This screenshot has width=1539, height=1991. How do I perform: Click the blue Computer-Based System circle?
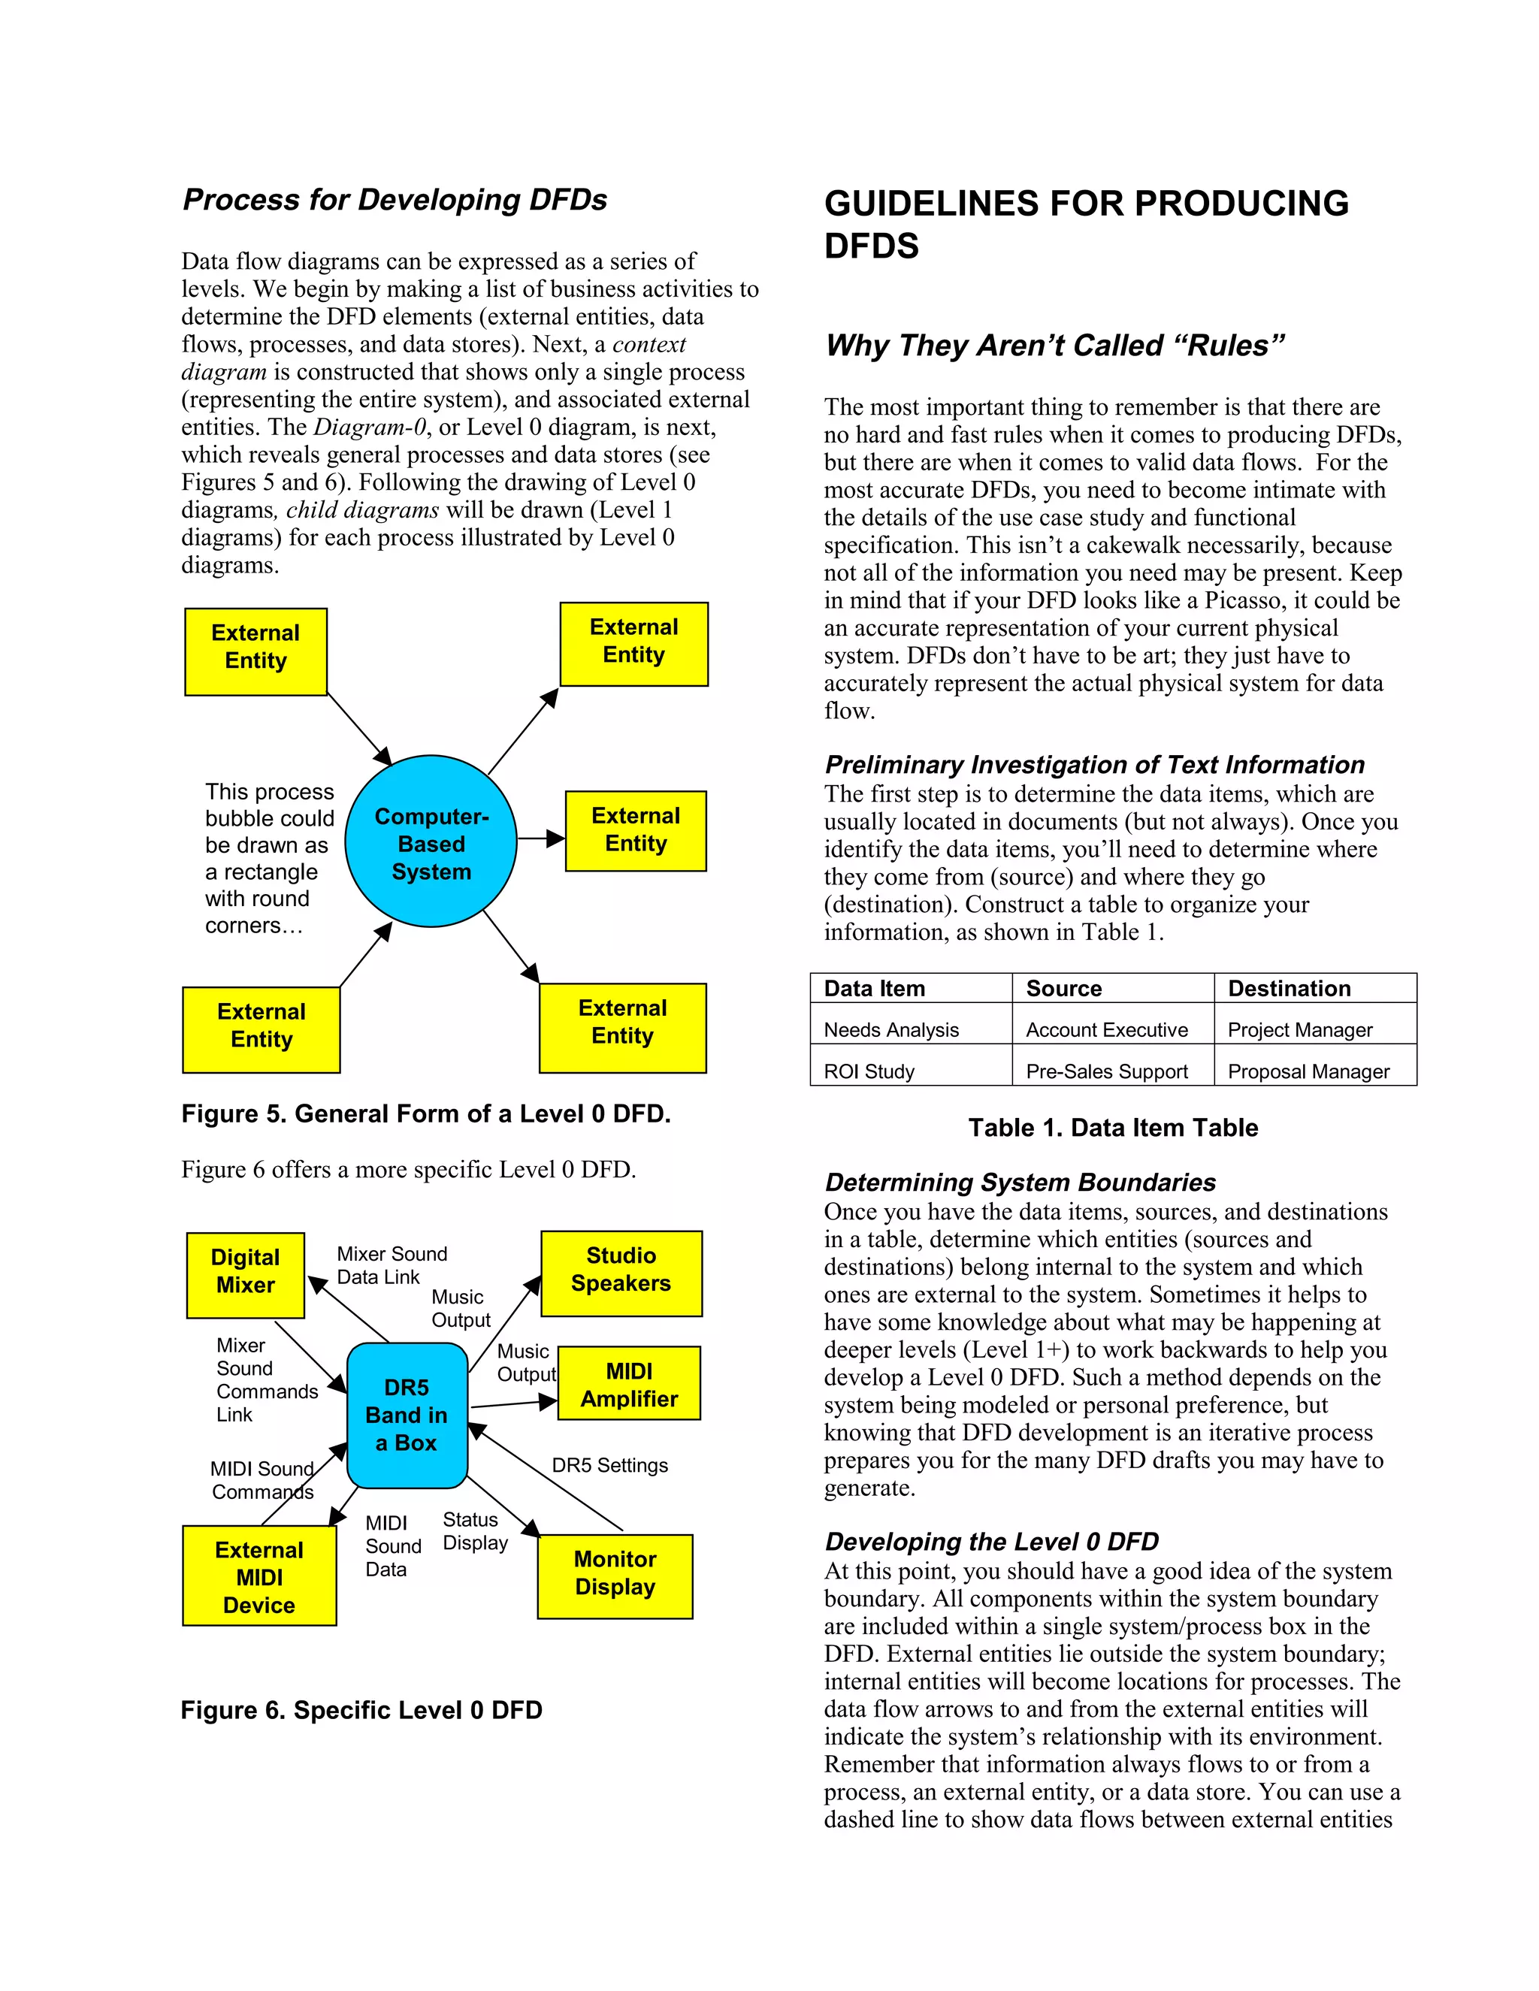(x=431, y=841)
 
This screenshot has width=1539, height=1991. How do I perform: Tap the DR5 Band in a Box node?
(x=407, y=1415)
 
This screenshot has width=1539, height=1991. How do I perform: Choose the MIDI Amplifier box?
(x=629, y=1385)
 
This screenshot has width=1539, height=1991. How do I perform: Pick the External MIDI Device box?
(x=259, y=1577)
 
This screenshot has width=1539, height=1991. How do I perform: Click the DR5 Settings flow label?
(x=610, y=1465)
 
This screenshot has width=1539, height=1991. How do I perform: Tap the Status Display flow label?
(x=474, y=1531)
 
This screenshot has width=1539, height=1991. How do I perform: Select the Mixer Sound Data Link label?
(x=391, y=1265)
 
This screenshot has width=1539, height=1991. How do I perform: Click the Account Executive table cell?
(x=1107, y=1029)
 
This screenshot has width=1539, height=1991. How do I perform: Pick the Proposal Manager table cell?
(x=1308, y=1071)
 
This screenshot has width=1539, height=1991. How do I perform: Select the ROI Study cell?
(x=869, y=1071)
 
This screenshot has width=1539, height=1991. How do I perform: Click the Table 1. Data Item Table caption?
(x=1112, y=1128)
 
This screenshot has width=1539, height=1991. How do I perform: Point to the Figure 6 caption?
(x=361, y=1710)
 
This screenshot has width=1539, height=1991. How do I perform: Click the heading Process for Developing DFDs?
(x=395, y=200)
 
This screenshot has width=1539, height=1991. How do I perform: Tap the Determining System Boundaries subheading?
(x=1019, y=1183)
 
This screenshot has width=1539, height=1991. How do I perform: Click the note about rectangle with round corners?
(x=269, y=859)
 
